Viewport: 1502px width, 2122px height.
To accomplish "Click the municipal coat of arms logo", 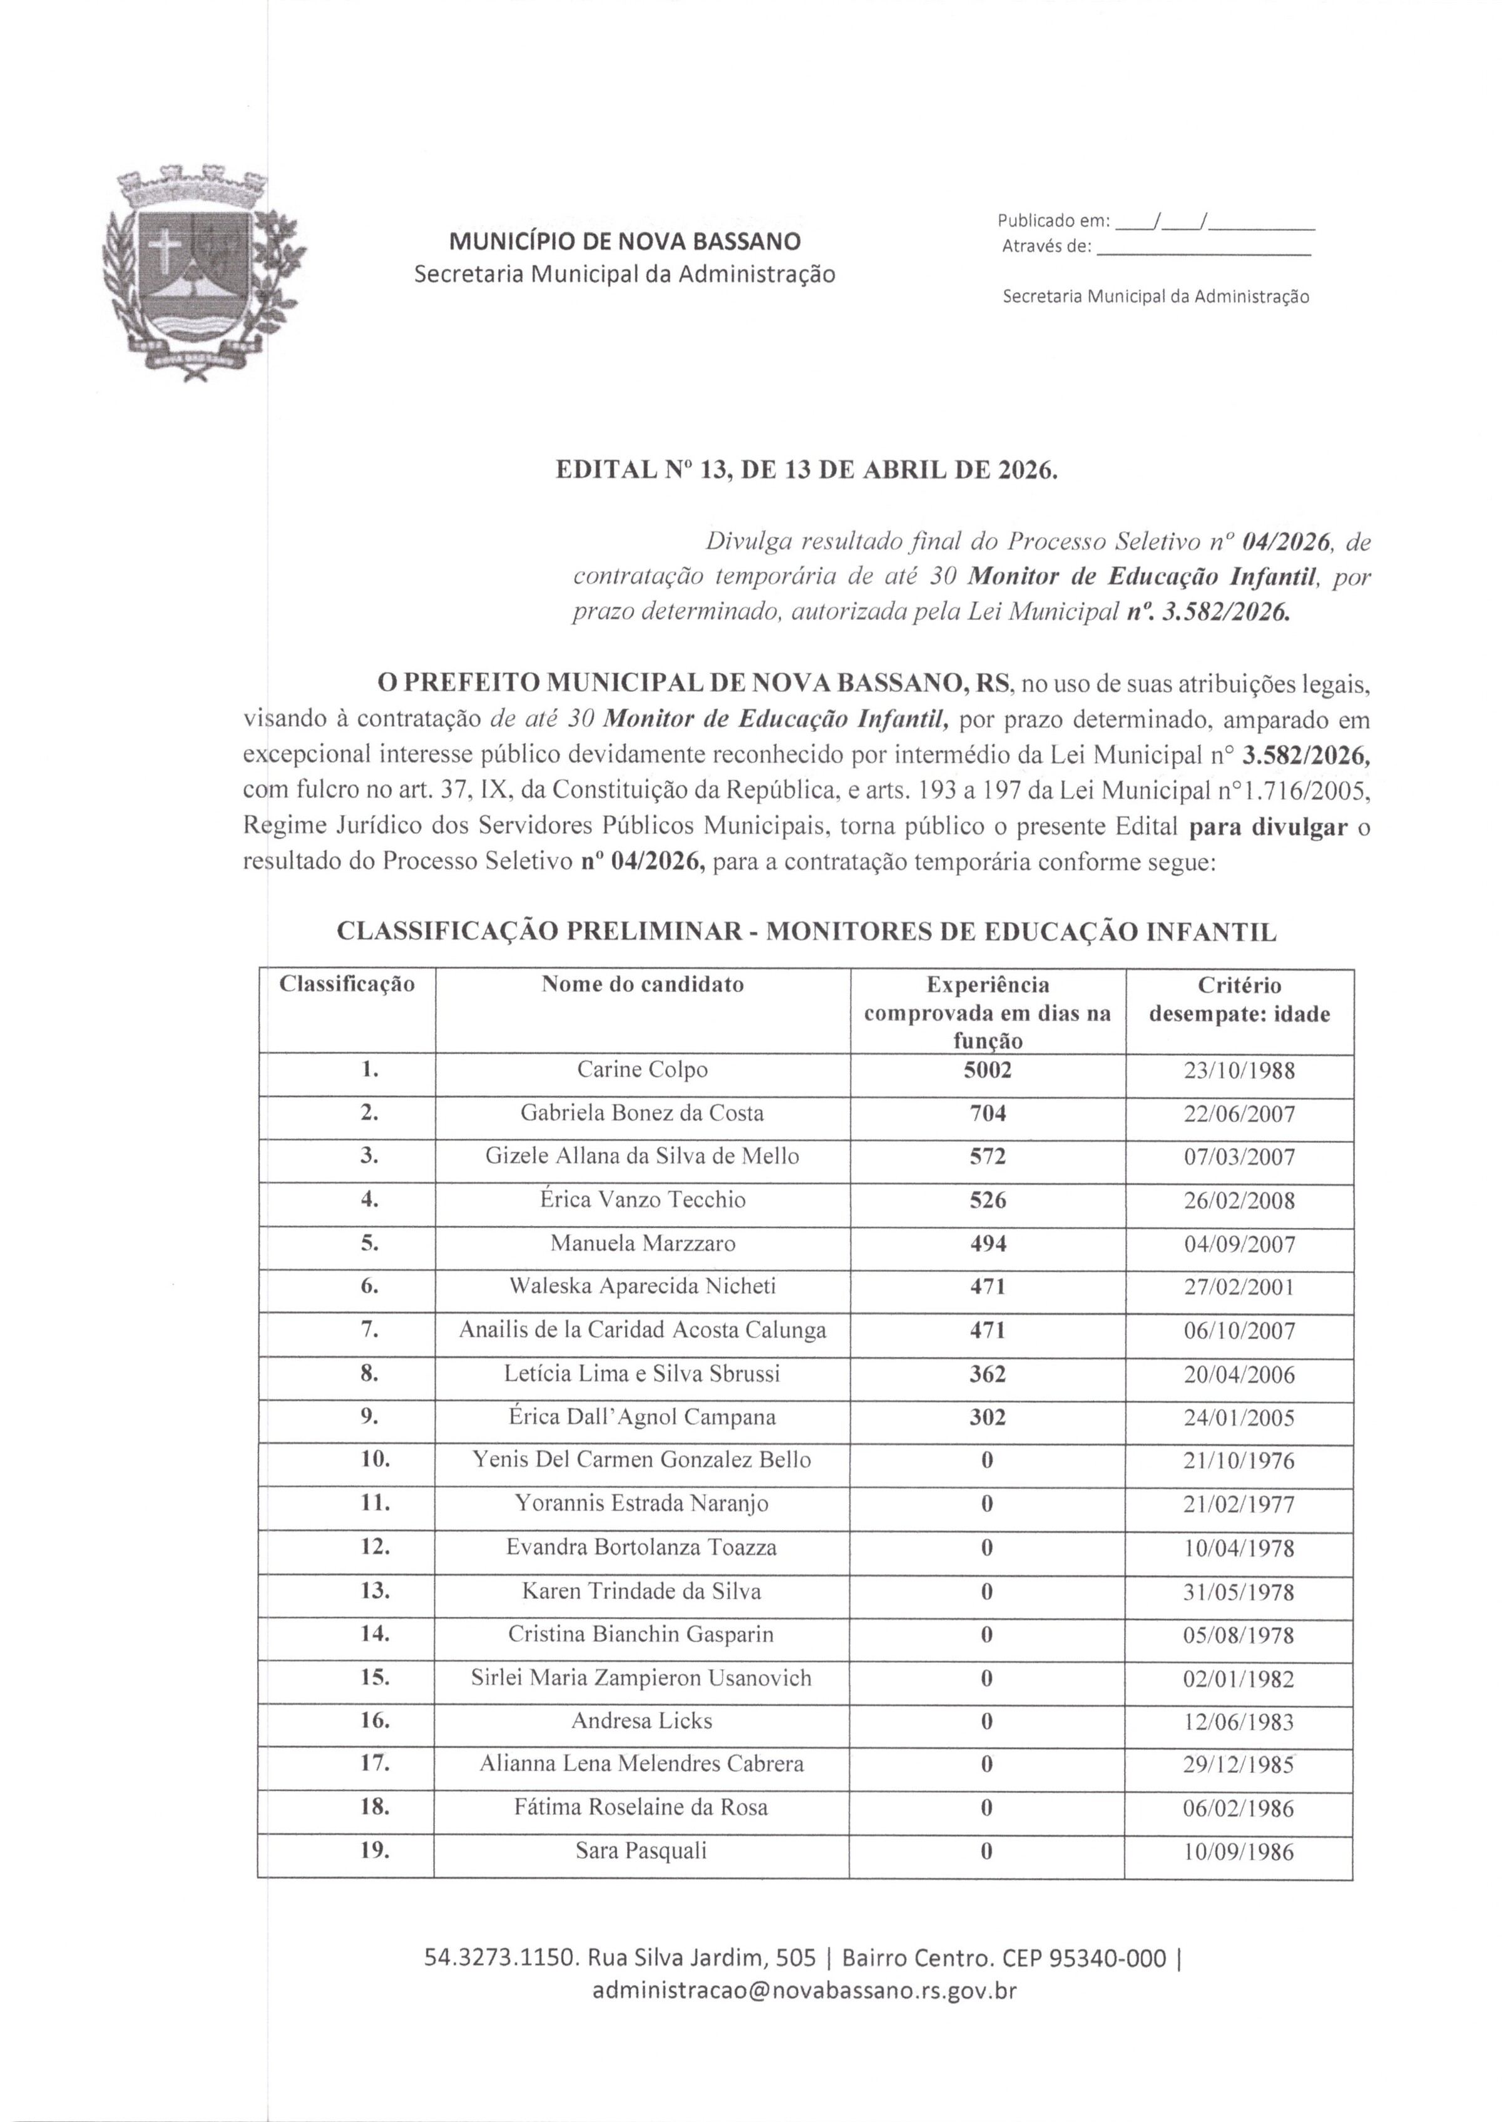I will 200,272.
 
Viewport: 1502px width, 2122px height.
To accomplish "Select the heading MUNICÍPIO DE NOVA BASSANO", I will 625,242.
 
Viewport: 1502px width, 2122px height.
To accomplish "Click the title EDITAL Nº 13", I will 805,470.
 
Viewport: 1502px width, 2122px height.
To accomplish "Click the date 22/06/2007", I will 1239,1114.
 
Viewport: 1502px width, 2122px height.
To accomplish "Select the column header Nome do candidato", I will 642,984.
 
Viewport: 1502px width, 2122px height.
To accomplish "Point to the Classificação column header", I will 347,984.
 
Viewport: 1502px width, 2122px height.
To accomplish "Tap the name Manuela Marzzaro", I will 642,1244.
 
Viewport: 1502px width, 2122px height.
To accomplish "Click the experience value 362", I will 987,1374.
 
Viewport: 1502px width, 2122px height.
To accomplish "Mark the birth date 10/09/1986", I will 1239,1852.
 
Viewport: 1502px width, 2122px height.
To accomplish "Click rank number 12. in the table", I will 375,1548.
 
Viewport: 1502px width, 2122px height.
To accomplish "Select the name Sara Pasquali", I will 642,1851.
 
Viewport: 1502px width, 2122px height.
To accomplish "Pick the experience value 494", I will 987,1244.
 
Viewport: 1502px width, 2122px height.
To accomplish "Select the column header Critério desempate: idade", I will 1239,1000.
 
